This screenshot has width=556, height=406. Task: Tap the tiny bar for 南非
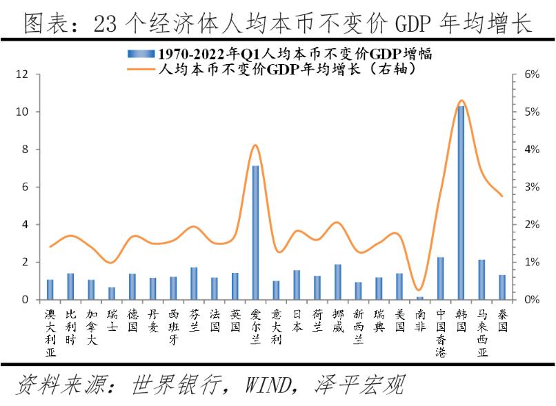pos(420,298)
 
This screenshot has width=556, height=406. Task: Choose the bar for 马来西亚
pos(481,280)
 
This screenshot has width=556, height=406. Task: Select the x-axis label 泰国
pos(502,321)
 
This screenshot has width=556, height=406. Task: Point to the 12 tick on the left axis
pos(22,74)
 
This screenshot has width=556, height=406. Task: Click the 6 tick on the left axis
pos(24,187)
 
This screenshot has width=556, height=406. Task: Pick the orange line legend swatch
pos(141,68)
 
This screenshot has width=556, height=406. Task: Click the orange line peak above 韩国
pos(461,101)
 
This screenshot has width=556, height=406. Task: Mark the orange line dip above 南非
pos(419,290)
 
